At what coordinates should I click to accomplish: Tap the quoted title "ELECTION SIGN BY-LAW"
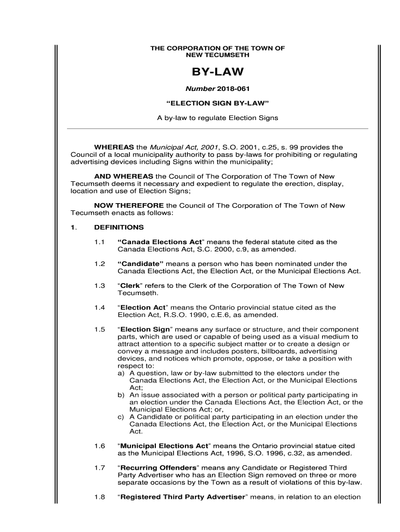(x=218, y=103)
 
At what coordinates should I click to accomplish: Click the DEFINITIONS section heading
(x=119, y=228)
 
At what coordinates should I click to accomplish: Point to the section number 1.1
(x=100, y=242)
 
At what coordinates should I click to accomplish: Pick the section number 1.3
(x=100, y=286)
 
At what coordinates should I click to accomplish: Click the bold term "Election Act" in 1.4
(x=142, y=308)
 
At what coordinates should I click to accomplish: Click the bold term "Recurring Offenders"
(x=158, y=468)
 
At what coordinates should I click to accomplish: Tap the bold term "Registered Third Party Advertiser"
(x=182, y=497)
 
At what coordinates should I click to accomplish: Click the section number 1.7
(x=100, y=468)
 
